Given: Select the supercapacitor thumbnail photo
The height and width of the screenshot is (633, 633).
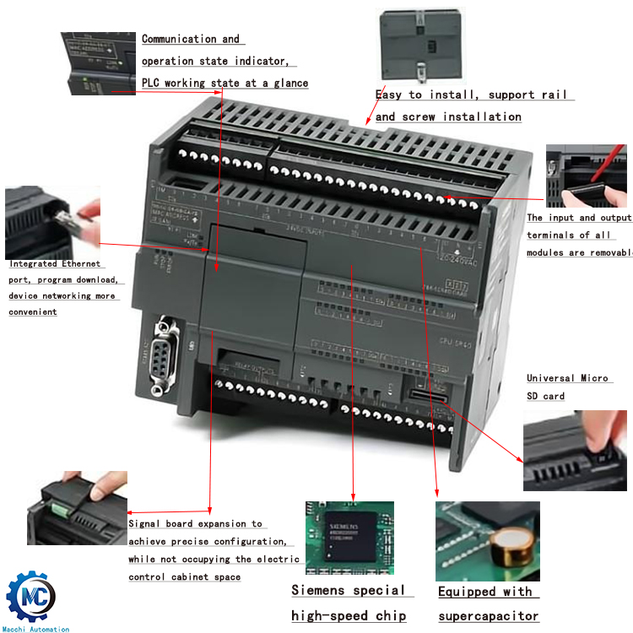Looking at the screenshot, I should (x=487, y=540).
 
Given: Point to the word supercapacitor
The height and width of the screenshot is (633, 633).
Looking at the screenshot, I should (x=488, y=616).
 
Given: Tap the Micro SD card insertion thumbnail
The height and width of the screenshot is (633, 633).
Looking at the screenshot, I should (x=576, y=452).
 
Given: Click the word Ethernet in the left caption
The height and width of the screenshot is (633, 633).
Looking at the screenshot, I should (x=79, y=264).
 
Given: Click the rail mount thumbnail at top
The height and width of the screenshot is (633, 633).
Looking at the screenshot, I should (x=423, y=42).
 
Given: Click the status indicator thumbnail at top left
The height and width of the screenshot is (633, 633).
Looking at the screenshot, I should (x=98, y=62).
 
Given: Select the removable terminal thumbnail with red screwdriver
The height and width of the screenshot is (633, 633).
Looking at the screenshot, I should (x=587, y=176).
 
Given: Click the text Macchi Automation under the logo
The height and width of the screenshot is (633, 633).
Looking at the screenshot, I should (x=36, y=629).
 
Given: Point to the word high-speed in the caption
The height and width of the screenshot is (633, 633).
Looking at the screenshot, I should (x=336, y=616).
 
